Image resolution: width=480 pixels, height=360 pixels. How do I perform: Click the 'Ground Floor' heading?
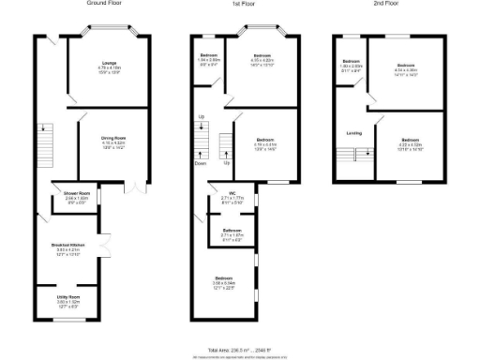[x=108, y=4]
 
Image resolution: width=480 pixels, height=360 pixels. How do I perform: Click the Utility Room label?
[x=68, y=299]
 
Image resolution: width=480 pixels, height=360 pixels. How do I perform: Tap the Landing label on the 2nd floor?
[x=353, y=132]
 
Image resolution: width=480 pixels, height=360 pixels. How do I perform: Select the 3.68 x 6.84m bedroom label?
[x=225, y=282]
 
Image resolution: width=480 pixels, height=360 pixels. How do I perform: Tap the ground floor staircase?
[x=43, y=145]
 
